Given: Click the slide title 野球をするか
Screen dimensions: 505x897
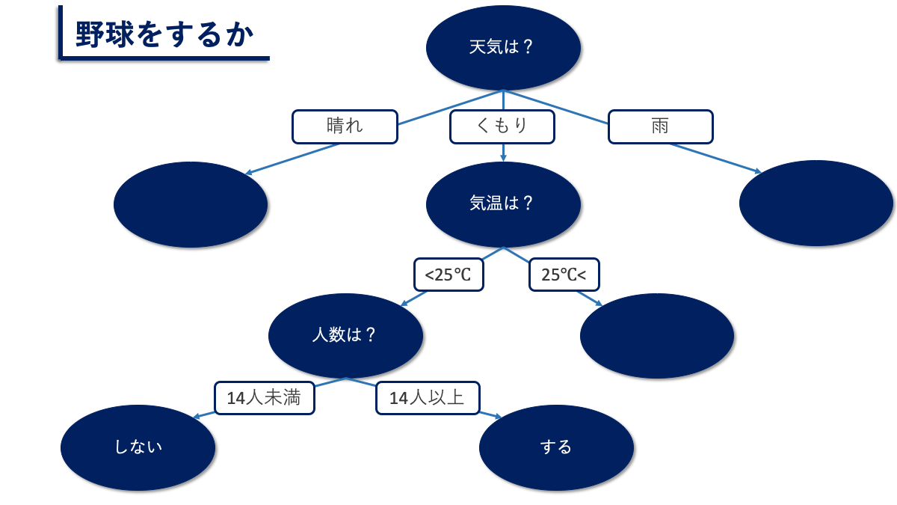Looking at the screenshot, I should point(165,34).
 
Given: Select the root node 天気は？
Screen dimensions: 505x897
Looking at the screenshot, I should point(503,47).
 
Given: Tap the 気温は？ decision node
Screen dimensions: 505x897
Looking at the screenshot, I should point(503,203).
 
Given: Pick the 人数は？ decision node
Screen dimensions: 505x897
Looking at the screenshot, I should point(345,335).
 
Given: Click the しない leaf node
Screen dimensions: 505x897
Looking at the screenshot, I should point(138,447).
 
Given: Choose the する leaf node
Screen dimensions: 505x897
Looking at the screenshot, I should point(556,447).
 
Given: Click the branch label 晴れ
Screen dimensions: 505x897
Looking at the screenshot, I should point(345,126).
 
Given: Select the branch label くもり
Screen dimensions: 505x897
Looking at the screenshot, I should point(502,126).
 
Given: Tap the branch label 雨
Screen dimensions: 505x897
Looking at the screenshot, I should point(660,126).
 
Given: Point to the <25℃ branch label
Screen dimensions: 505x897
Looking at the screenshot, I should point(449,275).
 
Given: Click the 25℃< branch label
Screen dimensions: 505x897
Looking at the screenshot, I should point(564,275).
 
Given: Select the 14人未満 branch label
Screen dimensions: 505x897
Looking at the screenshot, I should point(264,398).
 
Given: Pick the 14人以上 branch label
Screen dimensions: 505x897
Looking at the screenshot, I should point(427,398).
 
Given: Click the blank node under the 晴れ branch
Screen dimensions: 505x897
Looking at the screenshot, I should point(191,204).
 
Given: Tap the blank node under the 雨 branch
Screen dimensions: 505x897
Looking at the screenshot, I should point(816,203).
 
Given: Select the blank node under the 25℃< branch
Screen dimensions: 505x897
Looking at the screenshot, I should point(657,336).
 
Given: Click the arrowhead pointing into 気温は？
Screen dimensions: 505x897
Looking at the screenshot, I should point(503,158).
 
